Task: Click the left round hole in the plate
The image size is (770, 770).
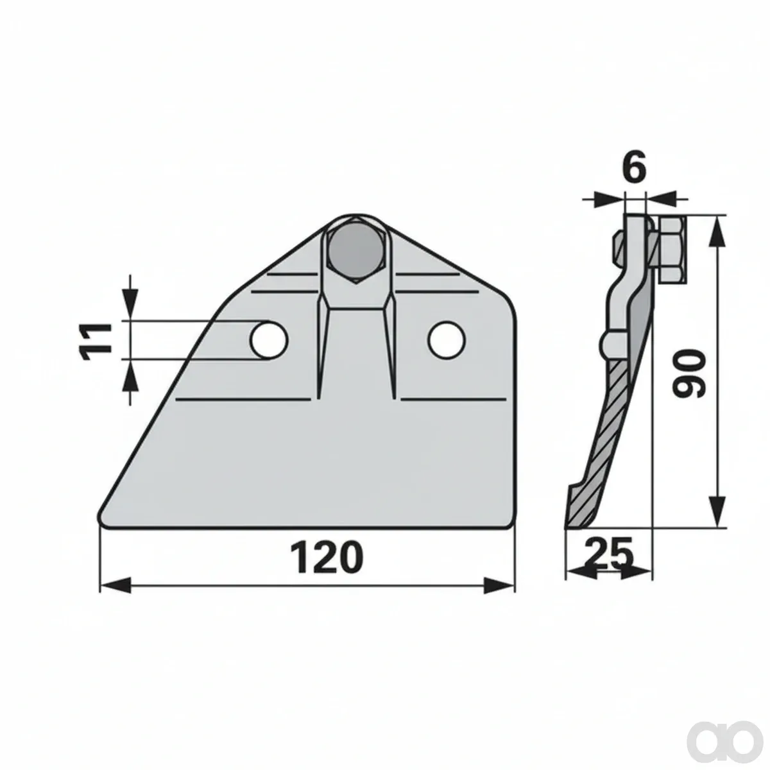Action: coord(269,341)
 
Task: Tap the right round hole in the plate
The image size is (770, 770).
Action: coord(447,340)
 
